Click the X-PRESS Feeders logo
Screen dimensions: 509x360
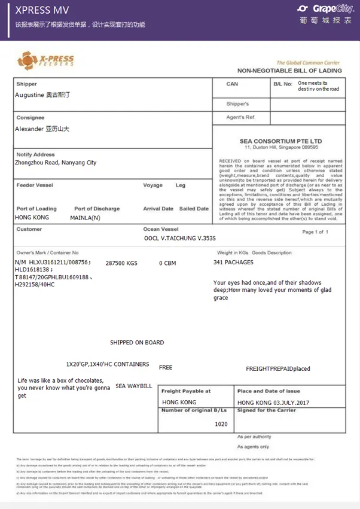[x=46, y=60]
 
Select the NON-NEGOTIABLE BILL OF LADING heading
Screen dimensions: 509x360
[x=290, y=71]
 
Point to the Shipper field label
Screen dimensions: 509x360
[x=26, y=84]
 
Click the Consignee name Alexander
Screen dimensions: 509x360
[x=42, y=129]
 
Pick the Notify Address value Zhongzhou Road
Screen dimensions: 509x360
[x=56, y=163]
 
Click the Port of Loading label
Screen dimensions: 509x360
[x=36, y=209]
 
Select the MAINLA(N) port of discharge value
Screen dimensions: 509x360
[x=85, y=218]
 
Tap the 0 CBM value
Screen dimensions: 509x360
[x=167, y=263]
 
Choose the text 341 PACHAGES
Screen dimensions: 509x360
[x=233, y=262]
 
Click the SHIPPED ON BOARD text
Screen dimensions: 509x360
[x=137, y=343]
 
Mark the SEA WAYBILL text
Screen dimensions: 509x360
[x=134, y=386]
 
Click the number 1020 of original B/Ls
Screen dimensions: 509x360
[x=221, y=423]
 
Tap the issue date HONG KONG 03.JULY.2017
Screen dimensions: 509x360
[x=273, y=403]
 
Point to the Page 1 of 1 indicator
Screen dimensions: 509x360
[x=315, y=232]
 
